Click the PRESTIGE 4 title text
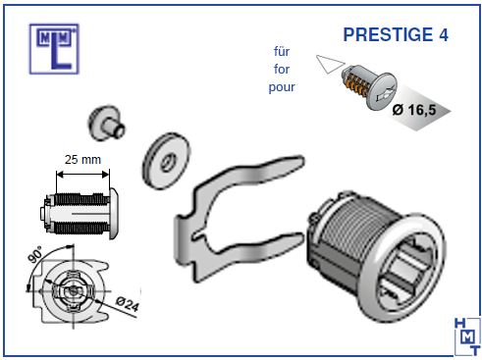pyautogui.click(x=396, y=34)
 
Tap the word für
pyautogui.click(x=282, y=51)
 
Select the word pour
pyautogui.click(x=282, y=87)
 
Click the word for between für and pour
pyautogui.click(x=282, y=69)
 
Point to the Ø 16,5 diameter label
pyautogui.click(x=414, y=110)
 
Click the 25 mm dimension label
pyautogui.click(x=82, y=160)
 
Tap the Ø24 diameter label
pyautogui.click(x=128, y=304)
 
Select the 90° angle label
pyautogui.click(x=34, y=254)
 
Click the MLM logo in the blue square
pyautogui.click(x=54, y=49)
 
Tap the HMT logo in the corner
pyautogui.click(x=467, y=336)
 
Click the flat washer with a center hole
pyautogui.click(x=166, y=161)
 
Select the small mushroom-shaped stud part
pyautogui.click(x=106, y=123)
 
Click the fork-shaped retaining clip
pyautogui.click(x=196, y=229)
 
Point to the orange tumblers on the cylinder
pyautogui.click(x=357, y=84)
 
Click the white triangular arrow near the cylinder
pyautogui.click(x=330, y=64)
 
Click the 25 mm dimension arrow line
pyautogui.click(x=82, y=175)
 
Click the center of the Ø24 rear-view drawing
pyautogui.click(x=73, y=291)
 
